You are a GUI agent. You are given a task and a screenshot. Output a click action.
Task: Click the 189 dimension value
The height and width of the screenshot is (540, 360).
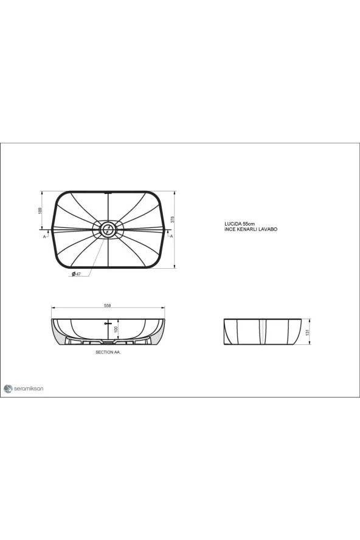40,210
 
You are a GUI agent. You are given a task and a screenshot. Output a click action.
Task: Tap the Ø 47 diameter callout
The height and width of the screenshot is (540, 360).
77,275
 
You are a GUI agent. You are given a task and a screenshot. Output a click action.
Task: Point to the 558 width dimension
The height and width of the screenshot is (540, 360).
107,305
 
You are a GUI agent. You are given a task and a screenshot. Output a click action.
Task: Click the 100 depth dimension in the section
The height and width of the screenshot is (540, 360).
116,329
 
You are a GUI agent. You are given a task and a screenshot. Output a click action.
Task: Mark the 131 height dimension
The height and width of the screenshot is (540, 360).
309,332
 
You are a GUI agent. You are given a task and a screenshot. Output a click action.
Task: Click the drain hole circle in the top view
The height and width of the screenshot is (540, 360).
108,229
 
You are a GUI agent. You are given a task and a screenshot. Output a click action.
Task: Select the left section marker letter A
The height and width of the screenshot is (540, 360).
44,236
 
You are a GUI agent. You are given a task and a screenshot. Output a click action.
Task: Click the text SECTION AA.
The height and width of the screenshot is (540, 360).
108,352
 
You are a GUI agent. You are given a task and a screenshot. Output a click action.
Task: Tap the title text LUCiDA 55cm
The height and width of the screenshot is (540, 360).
240,224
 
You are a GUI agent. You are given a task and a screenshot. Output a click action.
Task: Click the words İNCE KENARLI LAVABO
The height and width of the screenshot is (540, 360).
251,229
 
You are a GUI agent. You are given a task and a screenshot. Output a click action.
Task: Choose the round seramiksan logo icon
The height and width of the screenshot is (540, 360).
7,388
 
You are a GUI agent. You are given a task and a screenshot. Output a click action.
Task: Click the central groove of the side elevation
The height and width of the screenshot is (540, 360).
263,331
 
